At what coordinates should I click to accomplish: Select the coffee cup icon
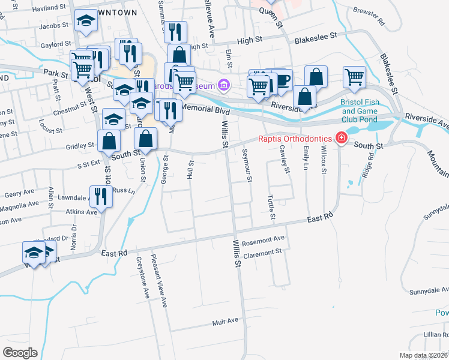point(282,80)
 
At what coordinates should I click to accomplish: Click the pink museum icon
point(224,85)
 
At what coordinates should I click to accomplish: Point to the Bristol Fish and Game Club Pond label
point(360,110)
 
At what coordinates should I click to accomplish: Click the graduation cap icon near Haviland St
point(86,22)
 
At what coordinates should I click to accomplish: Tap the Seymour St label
point(247,166)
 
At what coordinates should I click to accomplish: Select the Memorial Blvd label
point(205,108)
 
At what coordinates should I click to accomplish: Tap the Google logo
point(20,353)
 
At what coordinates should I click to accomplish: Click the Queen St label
point(271,13)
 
